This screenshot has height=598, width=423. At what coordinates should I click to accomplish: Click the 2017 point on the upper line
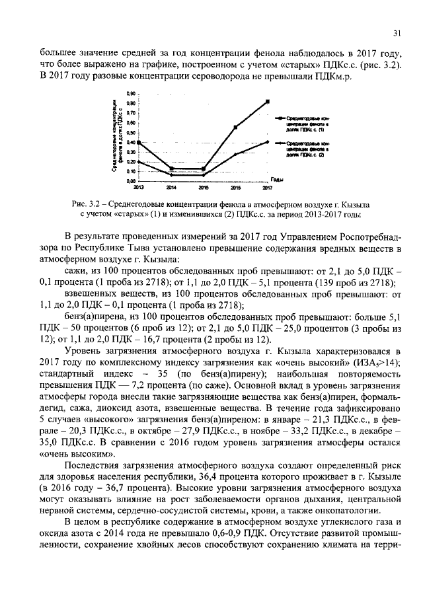(x=268, y=101)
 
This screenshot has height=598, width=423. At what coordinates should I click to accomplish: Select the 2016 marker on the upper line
(x=235, y=127)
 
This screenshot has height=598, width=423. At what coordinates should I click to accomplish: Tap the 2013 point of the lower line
(x=138, y=161)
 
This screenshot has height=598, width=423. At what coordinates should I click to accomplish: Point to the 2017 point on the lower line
(x=268, y=141)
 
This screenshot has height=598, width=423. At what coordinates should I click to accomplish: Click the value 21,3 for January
(x=331, y=418)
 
